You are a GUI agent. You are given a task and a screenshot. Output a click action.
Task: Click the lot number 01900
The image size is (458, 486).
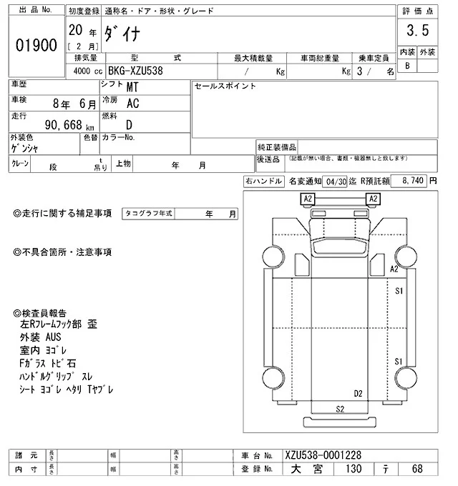pos(36,45)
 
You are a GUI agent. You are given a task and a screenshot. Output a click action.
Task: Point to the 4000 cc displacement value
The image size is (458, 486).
pos(84,71)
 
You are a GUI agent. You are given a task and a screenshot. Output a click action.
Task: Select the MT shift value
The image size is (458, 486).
pos(132,88)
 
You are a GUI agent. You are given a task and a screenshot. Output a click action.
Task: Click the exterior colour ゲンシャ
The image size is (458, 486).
pos(25,149)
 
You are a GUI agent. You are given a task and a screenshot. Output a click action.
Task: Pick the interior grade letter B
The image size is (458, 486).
pos(408,66)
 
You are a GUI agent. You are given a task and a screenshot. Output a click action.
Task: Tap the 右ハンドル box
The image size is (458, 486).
pos(263,182)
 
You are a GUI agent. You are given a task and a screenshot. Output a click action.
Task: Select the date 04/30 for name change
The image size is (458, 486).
pos(335,182)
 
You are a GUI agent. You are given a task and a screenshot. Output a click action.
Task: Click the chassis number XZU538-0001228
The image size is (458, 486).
pos(323,455)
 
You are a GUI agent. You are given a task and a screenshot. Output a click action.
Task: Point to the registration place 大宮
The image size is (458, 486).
pos(311,469)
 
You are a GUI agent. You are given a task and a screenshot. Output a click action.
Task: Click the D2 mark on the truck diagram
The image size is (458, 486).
pos(358,393)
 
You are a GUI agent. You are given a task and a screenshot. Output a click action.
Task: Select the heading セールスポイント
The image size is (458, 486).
pos(225,86)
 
